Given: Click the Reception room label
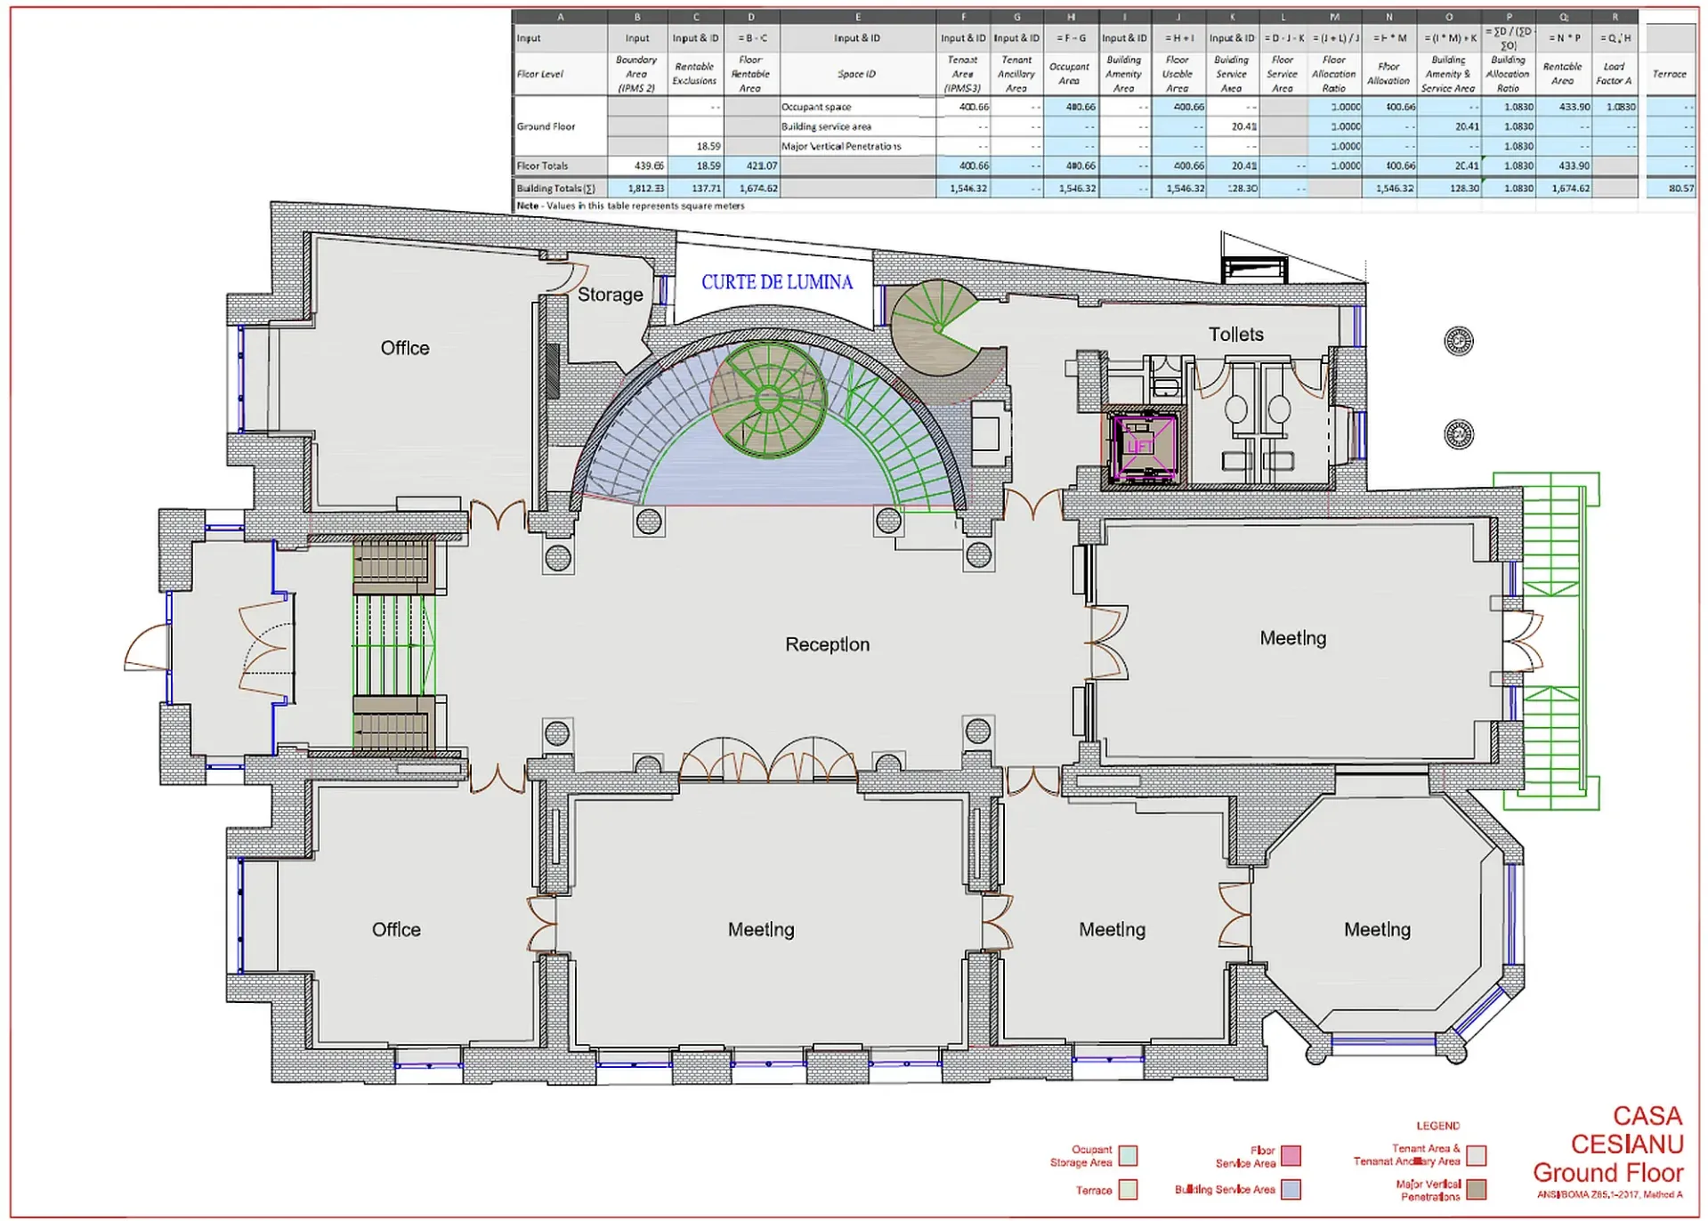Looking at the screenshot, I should coord(827,644).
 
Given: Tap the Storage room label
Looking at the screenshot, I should coord(610,295).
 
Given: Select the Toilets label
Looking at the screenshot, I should coord(1235,335).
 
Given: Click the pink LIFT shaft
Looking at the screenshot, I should coord(1142,444).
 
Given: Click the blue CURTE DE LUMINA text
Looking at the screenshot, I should coord(776,282).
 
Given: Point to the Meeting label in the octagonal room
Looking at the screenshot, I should coord(1377,930).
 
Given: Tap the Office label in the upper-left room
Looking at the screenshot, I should coord(405,348).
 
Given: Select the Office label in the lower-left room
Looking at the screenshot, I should coord(396,930).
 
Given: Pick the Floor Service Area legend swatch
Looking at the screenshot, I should coord(1291,1156).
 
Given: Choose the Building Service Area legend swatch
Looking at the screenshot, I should coord(1291,1189).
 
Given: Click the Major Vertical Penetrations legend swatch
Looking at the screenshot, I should coord(1477,1189).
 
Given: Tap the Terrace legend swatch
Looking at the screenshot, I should coord(1128,1189).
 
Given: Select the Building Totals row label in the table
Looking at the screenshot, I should coord(555,189).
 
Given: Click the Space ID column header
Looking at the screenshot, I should coord(856,74).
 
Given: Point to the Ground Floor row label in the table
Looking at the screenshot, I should coord(546,126).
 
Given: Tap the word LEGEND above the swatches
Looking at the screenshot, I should coord(1437,1126).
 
